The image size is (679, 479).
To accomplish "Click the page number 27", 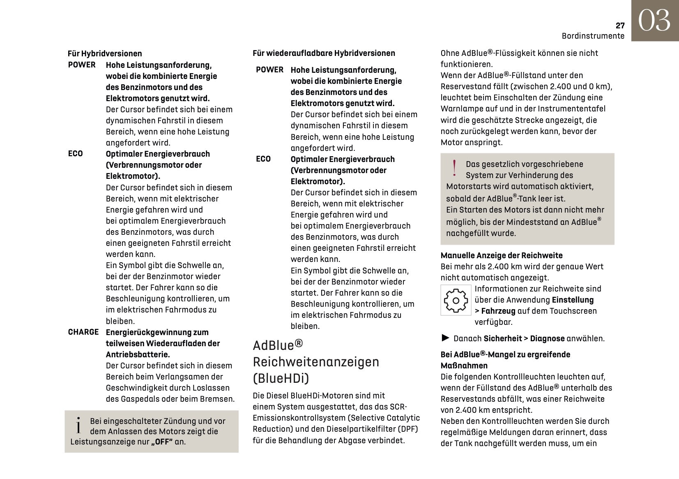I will point(620,25).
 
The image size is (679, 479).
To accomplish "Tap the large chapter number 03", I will point(654,21).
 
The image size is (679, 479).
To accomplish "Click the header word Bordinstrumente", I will point(593,36).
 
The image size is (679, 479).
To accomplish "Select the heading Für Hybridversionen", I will point(105,53).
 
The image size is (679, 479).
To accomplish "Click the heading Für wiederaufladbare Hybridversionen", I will point(324,53).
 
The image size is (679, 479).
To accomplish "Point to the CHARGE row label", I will point(83,332).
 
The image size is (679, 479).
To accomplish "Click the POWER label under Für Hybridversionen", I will point(82,65).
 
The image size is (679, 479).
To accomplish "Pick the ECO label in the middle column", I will point(263,159).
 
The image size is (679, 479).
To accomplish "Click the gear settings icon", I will point(456,301).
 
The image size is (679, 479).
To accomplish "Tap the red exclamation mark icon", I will point(454,168).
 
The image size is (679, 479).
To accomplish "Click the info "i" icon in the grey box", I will point(78,426).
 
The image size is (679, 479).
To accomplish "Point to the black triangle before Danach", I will point(445,338).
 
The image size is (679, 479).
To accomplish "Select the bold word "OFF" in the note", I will point(162,442).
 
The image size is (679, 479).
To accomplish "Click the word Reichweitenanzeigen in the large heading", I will point(316,362).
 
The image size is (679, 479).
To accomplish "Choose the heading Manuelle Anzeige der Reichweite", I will point(502,255).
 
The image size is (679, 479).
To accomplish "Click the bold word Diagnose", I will point(547,338).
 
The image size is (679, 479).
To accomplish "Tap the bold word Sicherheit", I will point(502,338).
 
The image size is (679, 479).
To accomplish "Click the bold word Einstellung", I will point(573,300).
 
